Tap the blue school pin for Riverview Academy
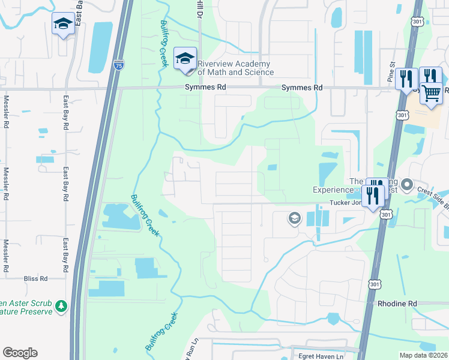[185, 59]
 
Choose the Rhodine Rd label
[397, 304]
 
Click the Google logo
[20, 353]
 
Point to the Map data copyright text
[423, 355]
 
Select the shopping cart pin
[431, 93]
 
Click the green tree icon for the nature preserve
[61, 307]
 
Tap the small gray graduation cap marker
[294, 218]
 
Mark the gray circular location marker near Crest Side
[407, 184]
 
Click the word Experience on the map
[331, 190]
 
